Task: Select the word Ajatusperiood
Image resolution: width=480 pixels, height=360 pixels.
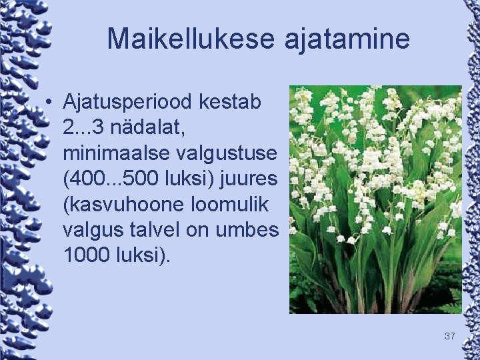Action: pyautogui.click(x=128, y=103)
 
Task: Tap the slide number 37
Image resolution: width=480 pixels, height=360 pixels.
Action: pyautogui.click(x=449, y=336)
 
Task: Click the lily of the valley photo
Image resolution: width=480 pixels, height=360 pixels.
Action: pyautogui.click(x=375, y=199)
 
